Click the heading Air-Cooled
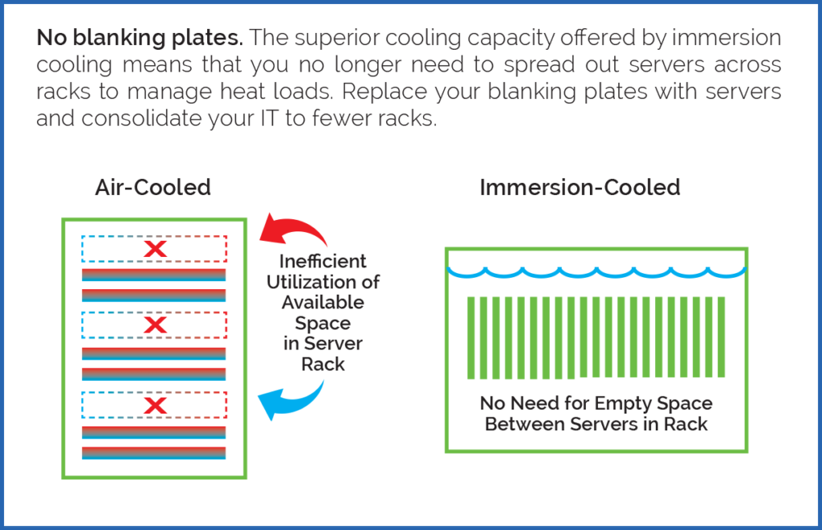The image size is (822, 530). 153,188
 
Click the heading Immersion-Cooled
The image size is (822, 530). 580,188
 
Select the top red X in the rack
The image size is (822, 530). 154,249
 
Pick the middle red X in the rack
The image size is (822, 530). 154,325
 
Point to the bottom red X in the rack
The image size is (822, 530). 154,406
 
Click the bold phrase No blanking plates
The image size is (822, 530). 140,38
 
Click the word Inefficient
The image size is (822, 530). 323,261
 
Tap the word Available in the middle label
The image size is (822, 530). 323,303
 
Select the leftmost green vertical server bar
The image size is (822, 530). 471,337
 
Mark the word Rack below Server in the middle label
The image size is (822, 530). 323,364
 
